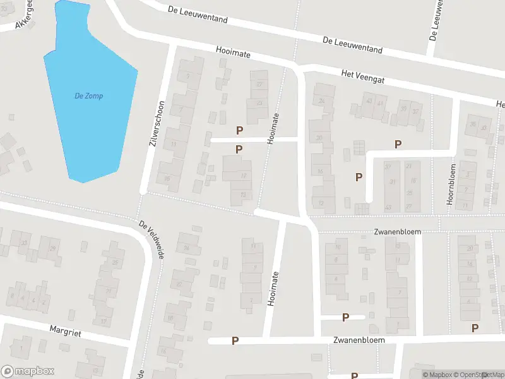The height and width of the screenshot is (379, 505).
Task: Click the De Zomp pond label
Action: [x=88, y=96]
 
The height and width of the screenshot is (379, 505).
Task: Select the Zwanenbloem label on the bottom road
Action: [x=357, y=339]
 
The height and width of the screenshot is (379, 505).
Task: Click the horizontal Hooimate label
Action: [x=233, y=55]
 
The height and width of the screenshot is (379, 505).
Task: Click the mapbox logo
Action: [x=27, y=371]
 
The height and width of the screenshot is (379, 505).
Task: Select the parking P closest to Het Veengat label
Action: [x=398, y=144]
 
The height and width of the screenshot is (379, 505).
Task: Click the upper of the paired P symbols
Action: [x=239, y=130]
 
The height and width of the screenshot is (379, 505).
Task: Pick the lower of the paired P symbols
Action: [x=239, y=149]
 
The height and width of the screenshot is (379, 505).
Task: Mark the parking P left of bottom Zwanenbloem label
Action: [x=235, y=340]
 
